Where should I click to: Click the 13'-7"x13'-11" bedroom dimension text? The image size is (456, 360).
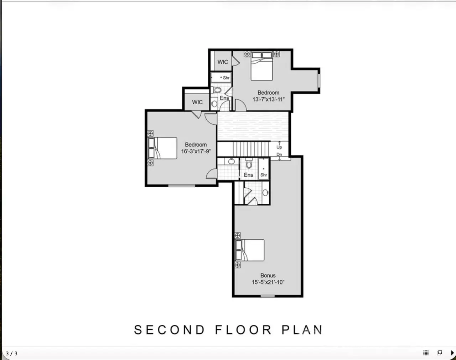pos(269,99)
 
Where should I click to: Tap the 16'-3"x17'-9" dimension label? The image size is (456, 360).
pos(196,151)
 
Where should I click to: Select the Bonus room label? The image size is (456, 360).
pos(268,275)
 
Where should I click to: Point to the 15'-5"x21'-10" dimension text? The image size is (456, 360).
pos(268,282)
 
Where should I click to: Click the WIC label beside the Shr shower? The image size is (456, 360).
pos(223,62)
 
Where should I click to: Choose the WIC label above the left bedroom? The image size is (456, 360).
pos(197,102)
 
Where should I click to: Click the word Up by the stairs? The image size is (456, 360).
pos(279,147)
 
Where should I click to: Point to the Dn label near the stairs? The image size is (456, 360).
pos(279,155)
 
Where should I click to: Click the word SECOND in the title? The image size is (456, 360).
pos(169,330)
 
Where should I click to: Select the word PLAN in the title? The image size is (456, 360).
pos(302,330)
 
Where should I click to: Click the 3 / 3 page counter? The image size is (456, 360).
pos(12,354)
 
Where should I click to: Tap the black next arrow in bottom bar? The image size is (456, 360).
pos(452,353)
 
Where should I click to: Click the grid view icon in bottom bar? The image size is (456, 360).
pos(426,353)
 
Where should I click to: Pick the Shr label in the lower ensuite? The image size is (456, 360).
pos(264,175)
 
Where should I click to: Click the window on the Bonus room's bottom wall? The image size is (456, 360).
pos(268,296)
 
